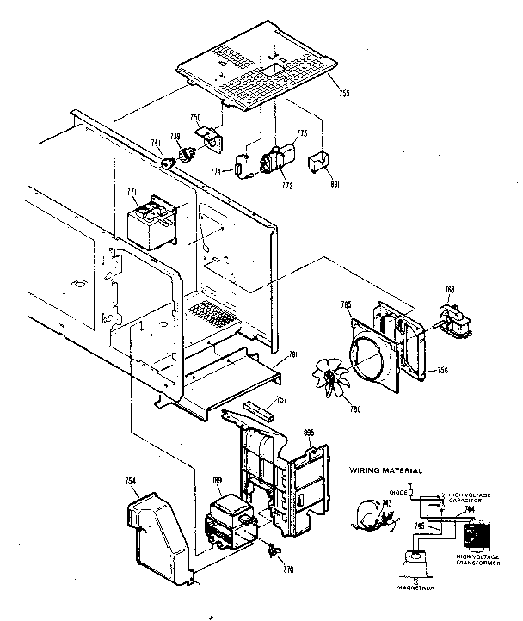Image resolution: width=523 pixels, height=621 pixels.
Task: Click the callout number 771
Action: [x=132, y=194]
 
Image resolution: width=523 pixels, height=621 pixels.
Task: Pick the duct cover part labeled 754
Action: [x=159, y=534]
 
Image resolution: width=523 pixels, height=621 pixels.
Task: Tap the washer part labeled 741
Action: [x=164, y=158]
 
